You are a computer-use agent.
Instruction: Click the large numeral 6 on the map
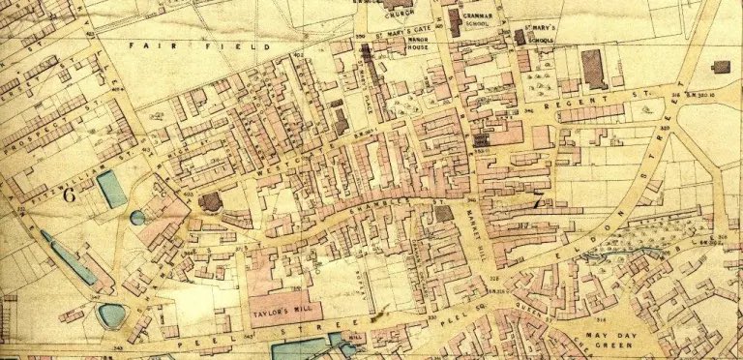click(x=69, y=194)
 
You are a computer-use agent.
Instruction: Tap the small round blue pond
click(x=137, y=218)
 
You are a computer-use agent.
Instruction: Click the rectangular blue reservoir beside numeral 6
click(x=111, y=189)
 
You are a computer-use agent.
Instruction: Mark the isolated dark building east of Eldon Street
click(x=720, y=67)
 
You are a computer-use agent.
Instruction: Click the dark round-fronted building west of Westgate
click(x=210, y=201)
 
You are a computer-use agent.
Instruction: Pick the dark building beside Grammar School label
click(x=454, y=21)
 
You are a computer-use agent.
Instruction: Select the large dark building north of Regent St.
click(x=593, y=70)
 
